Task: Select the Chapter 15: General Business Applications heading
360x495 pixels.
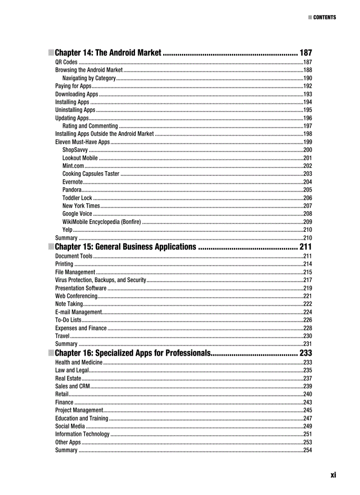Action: [126, 246]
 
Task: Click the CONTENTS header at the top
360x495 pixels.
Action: [324, 18]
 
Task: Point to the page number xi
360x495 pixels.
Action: [333, 475]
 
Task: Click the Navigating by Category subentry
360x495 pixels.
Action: [89, 78]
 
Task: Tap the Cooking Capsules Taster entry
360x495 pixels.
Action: [91, 174]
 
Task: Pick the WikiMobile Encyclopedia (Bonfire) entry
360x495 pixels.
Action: [101, 221]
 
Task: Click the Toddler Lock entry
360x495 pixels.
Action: [77, 198]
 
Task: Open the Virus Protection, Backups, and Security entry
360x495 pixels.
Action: [101, 280]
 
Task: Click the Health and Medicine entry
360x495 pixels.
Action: [79, 362]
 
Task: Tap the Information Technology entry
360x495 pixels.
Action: [82, 434]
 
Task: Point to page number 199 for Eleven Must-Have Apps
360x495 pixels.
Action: [307, 142]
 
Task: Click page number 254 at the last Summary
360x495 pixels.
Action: [307, 450]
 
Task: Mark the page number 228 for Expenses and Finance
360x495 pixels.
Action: [307, 328]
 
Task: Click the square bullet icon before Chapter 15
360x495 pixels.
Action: [51, 246]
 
